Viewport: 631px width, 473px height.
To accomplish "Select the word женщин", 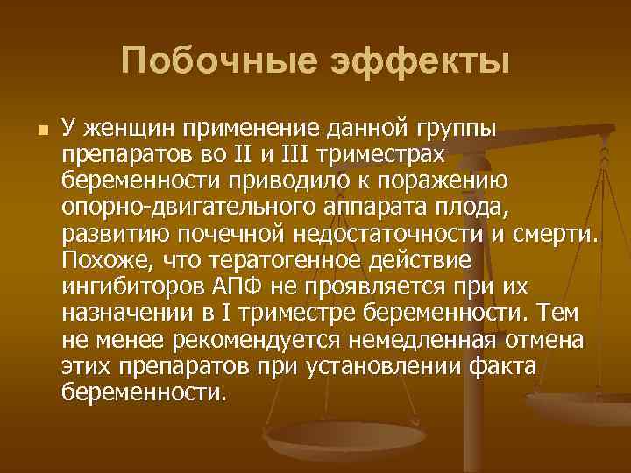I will pyautogui.click(x=126, y=130).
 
